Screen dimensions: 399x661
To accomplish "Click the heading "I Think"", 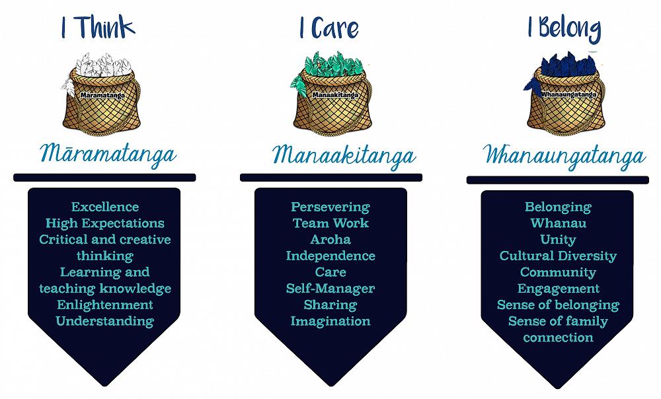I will [98, 28].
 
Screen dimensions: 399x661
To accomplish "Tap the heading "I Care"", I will [328, 28].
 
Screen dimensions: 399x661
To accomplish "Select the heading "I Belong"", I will [564, 28].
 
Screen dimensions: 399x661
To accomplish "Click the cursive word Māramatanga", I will [109, 155].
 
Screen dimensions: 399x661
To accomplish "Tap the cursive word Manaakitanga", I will [344, 156].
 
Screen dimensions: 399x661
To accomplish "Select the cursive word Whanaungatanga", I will [564, 156].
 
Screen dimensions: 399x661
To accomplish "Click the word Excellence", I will [105, 207].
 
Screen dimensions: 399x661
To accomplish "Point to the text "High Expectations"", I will [105, 223].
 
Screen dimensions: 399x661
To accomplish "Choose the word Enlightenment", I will [105, 305].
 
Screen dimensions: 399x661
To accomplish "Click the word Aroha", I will [330, 240].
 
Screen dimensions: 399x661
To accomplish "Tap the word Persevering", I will [330, 207].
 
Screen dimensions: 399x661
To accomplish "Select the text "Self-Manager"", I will [330, 289].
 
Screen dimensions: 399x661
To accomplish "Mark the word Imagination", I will [330, 321].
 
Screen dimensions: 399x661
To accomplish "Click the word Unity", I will [558, 240].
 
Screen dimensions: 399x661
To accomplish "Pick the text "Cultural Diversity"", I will [558, 256].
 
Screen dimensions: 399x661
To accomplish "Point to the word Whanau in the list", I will [558, 223].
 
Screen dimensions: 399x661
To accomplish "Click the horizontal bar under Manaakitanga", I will [330, 177].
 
